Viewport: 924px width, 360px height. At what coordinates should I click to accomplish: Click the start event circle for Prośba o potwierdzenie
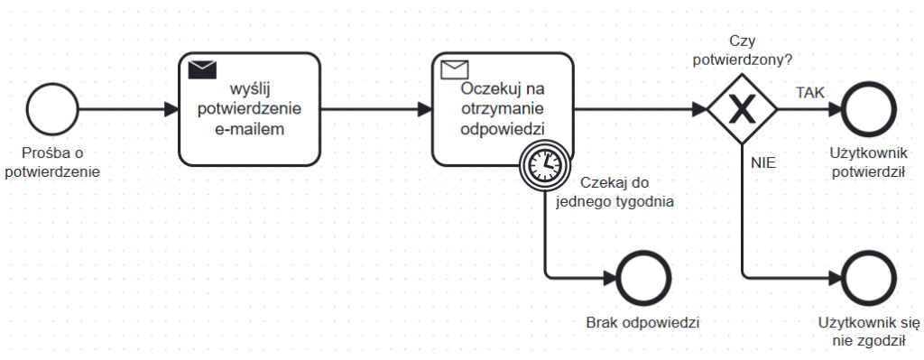(51, 110)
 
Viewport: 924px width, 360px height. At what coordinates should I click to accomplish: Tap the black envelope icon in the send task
(202, 69)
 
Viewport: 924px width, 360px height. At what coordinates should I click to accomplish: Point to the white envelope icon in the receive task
(454, 69)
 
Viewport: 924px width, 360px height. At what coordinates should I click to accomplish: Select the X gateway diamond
(742, 110)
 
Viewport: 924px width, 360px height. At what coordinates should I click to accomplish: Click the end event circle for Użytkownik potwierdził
(867, 110)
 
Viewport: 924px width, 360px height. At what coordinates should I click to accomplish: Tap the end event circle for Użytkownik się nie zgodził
(867, 274)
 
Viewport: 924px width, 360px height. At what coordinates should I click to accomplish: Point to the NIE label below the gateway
(762, 163)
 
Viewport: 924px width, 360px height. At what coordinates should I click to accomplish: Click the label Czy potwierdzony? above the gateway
(742, 51)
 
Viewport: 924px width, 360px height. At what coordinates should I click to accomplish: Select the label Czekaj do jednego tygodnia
(616, 191)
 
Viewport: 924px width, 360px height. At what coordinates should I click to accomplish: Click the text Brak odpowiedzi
(642, 322)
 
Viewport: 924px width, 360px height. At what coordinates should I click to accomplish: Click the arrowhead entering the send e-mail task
(171, 110)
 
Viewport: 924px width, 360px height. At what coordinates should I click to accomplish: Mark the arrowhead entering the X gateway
(699, 110)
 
